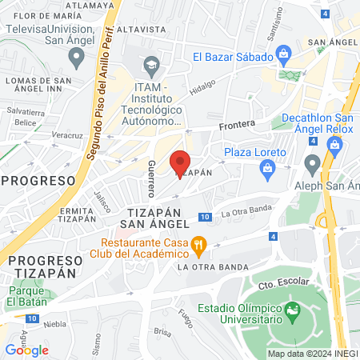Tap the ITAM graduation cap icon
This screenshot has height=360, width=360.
point(150,64)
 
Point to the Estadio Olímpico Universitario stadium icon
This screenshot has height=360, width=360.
point(292,308)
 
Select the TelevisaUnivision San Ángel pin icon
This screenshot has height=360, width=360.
point(77,56)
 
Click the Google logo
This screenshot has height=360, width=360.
point(27,350)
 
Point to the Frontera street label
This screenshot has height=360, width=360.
point(239,124)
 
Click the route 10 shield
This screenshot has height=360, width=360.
point(206,217)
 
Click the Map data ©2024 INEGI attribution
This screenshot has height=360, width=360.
point(312,354)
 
